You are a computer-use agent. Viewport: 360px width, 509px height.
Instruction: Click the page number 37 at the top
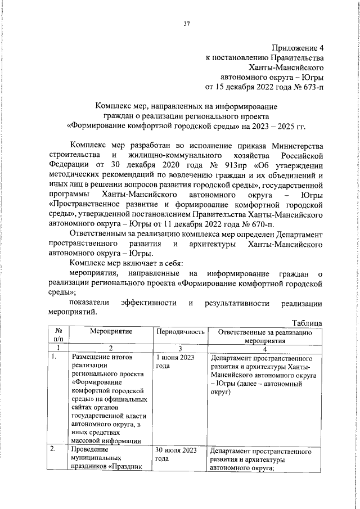tap(186, 23)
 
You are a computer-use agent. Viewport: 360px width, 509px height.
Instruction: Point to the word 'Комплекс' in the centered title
tap(114, 106)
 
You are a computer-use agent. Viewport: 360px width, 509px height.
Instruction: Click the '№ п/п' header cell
tap(57, 336)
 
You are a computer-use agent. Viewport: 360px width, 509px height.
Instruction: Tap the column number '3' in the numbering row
tap(179, 348)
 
